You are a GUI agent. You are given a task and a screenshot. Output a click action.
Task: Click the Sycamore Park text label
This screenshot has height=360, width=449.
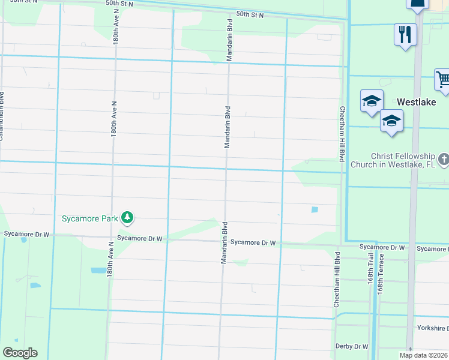tap(90, 218)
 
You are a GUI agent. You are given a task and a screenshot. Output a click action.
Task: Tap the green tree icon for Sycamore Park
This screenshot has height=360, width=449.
tap(127, 217)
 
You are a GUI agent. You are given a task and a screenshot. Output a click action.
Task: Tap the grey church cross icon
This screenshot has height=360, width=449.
tap(444, 160)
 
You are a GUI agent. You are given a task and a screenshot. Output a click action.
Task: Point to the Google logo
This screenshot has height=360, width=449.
tap(20, 353)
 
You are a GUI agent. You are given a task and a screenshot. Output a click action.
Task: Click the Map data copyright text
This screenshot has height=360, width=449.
tap(424, 355)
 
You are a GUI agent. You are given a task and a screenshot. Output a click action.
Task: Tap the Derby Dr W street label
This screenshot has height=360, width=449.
tap(352, 346)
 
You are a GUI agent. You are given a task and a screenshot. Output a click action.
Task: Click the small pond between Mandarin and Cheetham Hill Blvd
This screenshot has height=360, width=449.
tap(315, 209)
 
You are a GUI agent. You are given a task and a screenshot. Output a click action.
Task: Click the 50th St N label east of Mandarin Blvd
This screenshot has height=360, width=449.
tap(250, 14)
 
